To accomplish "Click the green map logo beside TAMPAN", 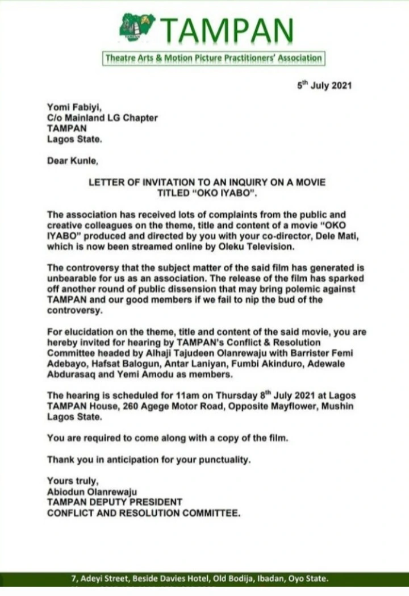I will pyautogui.click(x=137, y=27).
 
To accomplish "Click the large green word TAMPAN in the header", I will pyautogui.click(x=227, y=30).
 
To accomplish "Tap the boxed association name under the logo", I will pyautogui.click(x=213, y=58).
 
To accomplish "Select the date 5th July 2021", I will pyautogui.click(x=325, y=86).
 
